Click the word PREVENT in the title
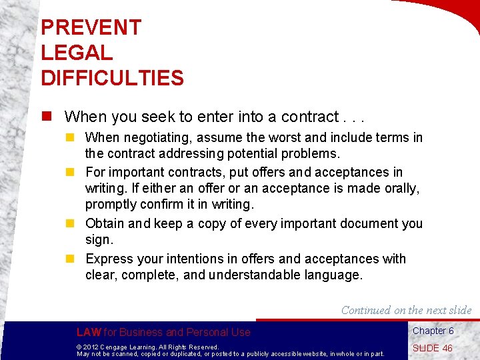[x=91, y=27]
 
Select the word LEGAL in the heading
[x=77, y=53]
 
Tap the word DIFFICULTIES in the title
[x=112, y=78]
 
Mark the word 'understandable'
[x=269, y=275]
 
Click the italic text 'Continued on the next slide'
[x=406, y=310]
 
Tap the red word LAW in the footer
[x=89, y=332]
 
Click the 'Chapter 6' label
[x=433, y=331]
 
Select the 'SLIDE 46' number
[x=432, y=348]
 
